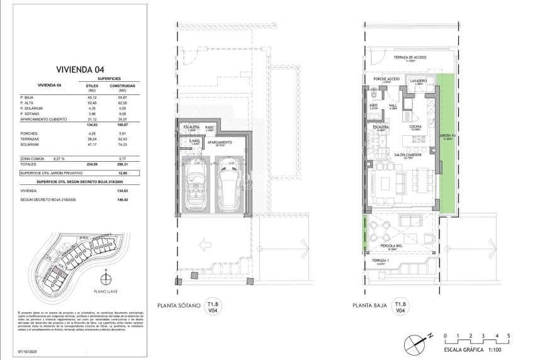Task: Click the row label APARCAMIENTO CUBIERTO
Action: [44, 119]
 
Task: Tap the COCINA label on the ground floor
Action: [415, 127]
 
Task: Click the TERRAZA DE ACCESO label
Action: [411, 58]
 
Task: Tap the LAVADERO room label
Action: [418, 81]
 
